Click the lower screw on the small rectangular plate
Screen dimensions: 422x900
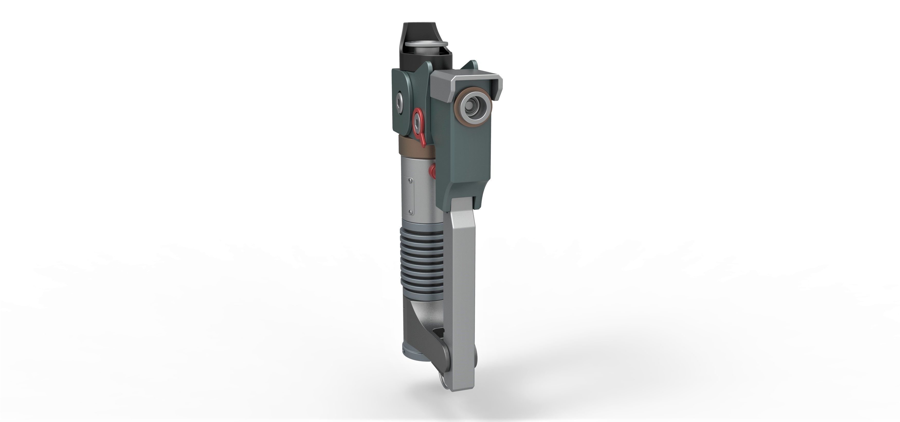(411, 212)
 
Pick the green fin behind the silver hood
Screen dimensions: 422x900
(470, 66)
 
